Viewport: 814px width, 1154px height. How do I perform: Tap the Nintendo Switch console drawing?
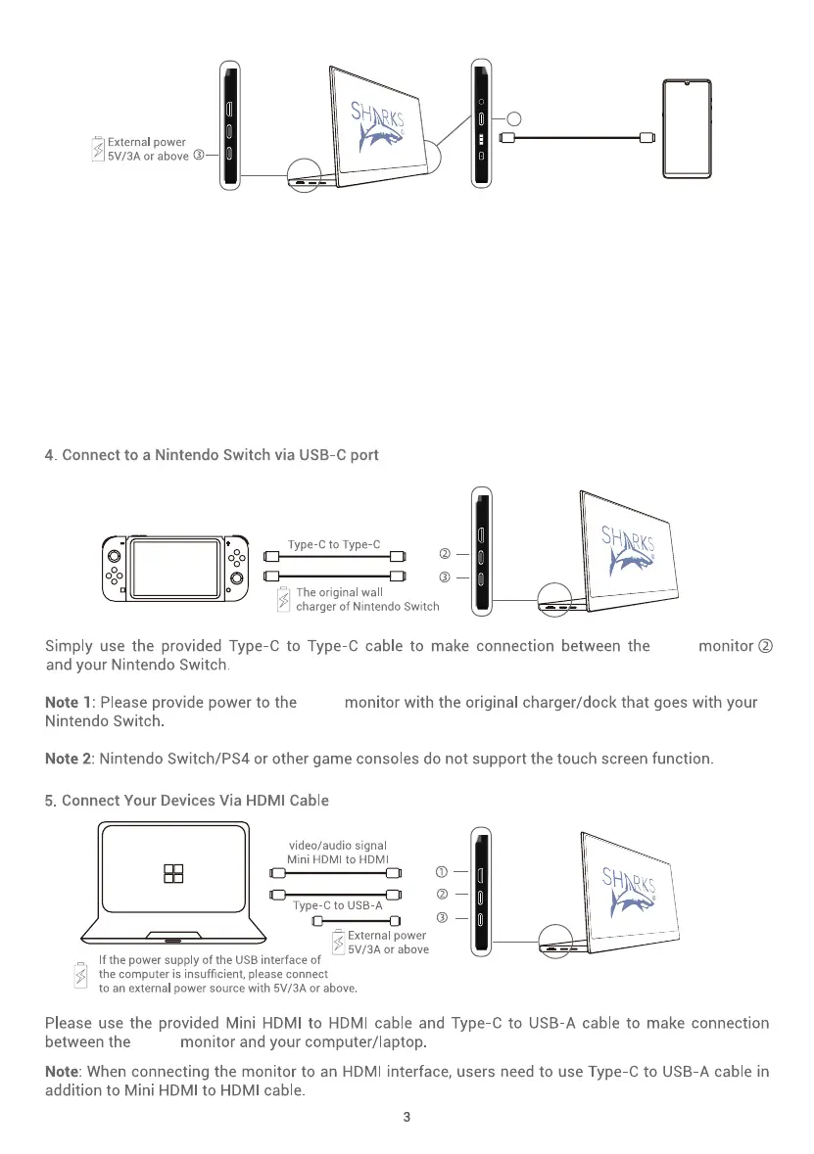(x=175, y=570)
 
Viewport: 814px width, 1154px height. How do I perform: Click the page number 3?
(x=407, y=1119)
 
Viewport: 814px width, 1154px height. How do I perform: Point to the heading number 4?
(x=50, y=455)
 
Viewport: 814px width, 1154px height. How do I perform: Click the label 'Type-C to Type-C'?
(x=334, y=544)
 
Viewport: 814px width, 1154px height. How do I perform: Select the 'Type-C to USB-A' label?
(x=337, y=905)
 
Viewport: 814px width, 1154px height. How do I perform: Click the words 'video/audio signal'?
(x=338, y=845)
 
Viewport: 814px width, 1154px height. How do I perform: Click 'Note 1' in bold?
(x=68, y=702)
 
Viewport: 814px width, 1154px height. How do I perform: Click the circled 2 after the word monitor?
(x=766, y=646)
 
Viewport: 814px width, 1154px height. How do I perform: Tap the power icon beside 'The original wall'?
(x=285, y=599)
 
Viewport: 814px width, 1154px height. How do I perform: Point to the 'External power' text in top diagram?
(x=147, y=142)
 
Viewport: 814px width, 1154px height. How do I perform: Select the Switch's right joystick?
(x=237, y=577)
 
